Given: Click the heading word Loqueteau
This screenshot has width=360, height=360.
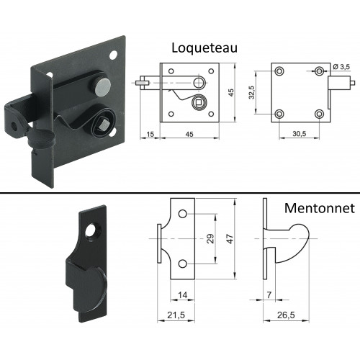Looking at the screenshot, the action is click(x=204, y=48).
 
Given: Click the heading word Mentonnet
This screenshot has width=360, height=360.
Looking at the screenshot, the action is click(x=320, y=208).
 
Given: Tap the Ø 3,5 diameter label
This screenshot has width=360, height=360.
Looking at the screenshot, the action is click(x=341, y=67).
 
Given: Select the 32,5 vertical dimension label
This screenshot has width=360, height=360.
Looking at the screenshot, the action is click(x=252, y=92).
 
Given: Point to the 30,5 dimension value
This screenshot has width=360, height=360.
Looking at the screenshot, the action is click(x=300, y=134).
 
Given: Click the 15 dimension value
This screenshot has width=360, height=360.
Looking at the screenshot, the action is click(x=150, y=134).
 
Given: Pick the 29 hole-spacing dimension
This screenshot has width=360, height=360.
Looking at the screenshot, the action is click(x=210, y=238).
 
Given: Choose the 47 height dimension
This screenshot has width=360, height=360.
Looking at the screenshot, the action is click(x=230, y=239).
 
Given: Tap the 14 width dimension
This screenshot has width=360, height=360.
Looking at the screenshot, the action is click(x=182, y=295).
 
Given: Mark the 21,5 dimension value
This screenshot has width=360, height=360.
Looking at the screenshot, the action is click(x=176, y=315).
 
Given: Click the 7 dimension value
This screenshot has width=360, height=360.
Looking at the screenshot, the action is click(x=269, y=295).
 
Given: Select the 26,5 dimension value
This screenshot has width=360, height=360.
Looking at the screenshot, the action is click(x=286, y=315).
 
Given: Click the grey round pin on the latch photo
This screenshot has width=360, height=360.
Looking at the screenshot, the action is click(x=102, y=87).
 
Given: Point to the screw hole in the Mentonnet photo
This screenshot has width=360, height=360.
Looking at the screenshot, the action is click(x=91, y=230).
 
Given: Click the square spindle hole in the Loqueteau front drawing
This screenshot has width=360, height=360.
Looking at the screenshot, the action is click(x=198, y=103).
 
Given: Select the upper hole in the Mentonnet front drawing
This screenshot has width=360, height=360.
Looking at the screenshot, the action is click(x=183, y=214).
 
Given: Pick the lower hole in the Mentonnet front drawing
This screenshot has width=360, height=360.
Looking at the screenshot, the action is click(x=183, y=264).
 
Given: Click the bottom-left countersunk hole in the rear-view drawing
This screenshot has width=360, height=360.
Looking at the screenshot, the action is click(x=279, y=114).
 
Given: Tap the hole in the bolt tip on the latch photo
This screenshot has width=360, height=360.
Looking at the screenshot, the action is click(x=14, y=127).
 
